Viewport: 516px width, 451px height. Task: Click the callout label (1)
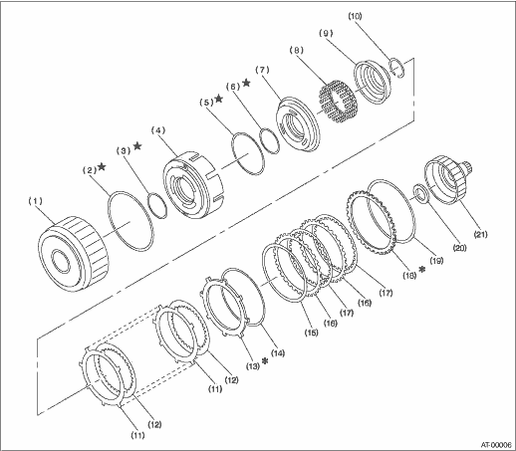coord(35,201)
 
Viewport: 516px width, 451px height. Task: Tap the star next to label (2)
coord(102,167)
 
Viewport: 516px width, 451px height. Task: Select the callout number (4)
coord(158,130)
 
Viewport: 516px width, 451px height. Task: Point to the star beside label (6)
coord(246,83)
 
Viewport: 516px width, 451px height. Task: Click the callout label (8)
coord(297,50)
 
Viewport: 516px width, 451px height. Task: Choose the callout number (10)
coord(355,16)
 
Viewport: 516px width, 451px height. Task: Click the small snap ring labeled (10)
coord(397,68)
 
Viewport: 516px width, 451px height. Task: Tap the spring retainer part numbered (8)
coord(337,104)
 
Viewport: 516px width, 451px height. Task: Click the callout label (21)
coord(480,234)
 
